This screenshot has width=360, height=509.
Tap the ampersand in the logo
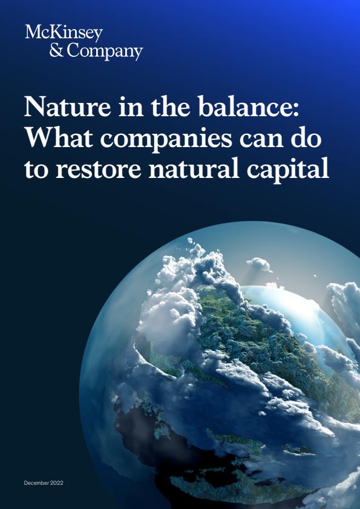click(x=56, y=51)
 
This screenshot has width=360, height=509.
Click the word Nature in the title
click(x=68, y=108)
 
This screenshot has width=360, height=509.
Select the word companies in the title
click(x=166, y=140)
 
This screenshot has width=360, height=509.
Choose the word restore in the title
click(x=99, y=170)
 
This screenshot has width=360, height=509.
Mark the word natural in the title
click(x=194, y=168)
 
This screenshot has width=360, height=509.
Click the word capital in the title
click(x=287, y=171)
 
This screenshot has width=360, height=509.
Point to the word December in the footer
click(x=35, y=483)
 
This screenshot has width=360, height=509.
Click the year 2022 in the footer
click(x=56, y=483)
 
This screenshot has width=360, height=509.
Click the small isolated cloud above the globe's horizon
click(x=259, y=264)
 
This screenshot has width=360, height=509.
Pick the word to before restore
click(x=36, y=171)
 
